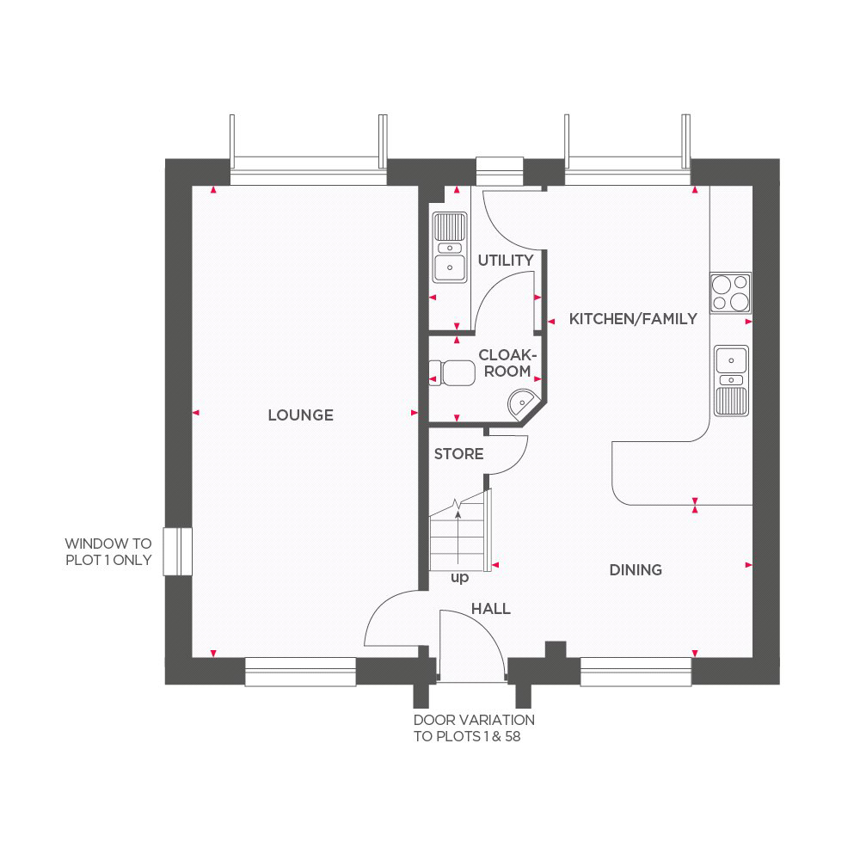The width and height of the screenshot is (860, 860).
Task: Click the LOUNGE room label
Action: tap(300, 415)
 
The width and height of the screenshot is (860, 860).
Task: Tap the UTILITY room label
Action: tap(506, 261)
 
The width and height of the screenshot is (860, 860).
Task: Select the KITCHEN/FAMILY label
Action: tap(633, 319)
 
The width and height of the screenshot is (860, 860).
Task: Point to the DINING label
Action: tap(636, 570)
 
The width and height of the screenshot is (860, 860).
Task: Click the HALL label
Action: tap(491, 608)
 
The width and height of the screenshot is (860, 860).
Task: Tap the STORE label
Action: tap(458, 454)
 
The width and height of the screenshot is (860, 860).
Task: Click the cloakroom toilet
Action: tap(452, 373)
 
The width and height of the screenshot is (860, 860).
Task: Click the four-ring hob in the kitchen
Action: tap(730, 293)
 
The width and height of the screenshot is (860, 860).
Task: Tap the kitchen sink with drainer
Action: tap(731, 381)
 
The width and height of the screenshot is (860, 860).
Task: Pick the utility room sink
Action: tap(450, 248)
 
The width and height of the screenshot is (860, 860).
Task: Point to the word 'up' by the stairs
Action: tap(459, 578)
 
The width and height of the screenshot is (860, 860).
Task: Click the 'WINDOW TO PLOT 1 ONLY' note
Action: tap(108, 552)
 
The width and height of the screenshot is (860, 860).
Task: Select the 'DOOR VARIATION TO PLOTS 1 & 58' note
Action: tap(474, 728)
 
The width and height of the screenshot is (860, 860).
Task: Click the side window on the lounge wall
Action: tap(178, 551)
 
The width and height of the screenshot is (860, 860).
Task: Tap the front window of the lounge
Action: tap(300, 672)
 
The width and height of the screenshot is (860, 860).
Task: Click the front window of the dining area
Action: tap(636, 672)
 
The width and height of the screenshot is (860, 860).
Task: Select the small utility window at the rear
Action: tap(499, 172)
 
